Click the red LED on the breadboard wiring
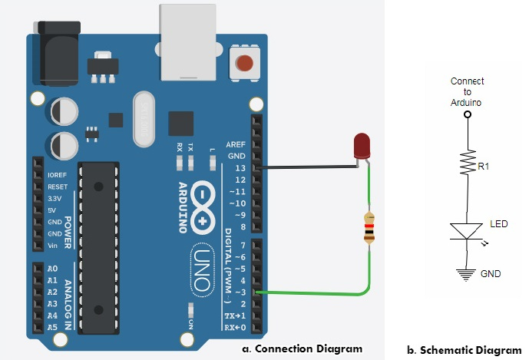(362, 147)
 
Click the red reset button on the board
(244, 62)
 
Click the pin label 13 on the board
(240, 167)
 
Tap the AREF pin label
(236, 144)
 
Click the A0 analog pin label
(53, 269)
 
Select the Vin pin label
(53, 245)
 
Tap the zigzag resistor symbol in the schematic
(466, 162)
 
